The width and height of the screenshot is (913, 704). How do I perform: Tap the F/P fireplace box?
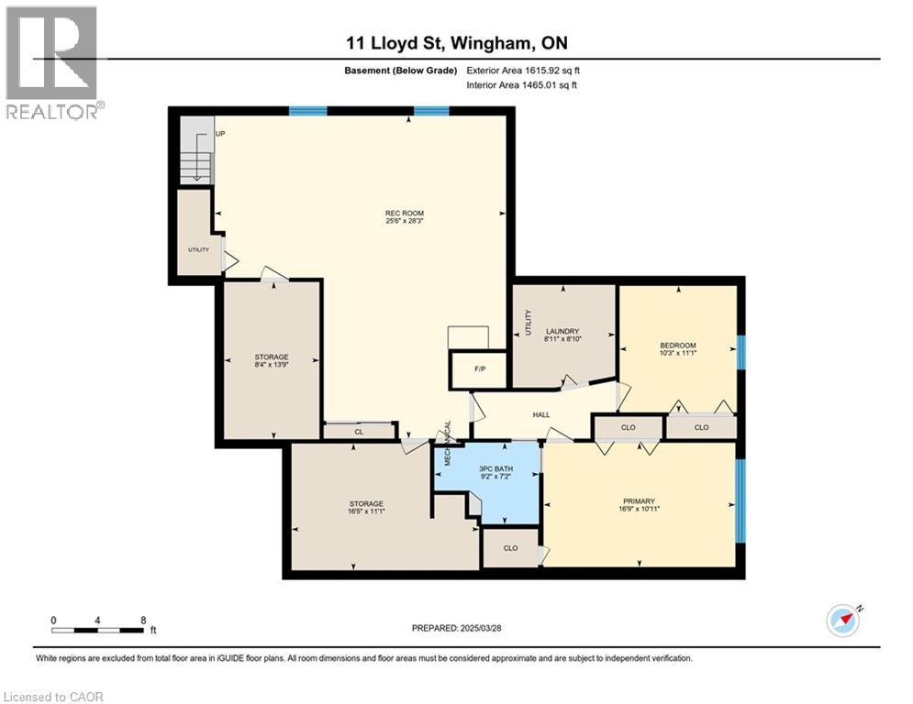coord(479,370)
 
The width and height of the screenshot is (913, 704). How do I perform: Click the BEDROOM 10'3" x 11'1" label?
coord(677,349)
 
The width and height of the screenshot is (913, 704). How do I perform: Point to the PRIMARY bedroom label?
coord(640,505)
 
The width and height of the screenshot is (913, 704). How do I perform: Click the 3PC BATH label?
coord(496,474)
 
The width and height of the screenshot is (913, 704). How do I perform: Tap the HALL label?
coord(541,414)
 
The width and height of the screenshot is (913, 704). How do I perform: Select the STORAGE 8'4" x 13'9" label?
coord(272,361)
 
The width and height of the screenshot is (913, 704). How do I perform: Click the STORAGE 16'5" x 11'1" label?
coord(365,508)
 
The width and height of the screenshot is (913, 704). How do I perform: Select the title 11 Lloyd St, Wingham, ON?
coord(457,44)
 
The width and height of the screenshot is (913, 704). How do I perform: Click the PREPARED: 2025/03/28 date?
coord(458,628)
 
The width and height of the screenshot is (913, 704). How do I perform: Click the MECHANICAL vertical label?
coord(449,444)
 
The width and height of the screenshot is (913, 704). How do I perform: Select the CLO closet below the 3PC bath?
coord(511,548)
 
